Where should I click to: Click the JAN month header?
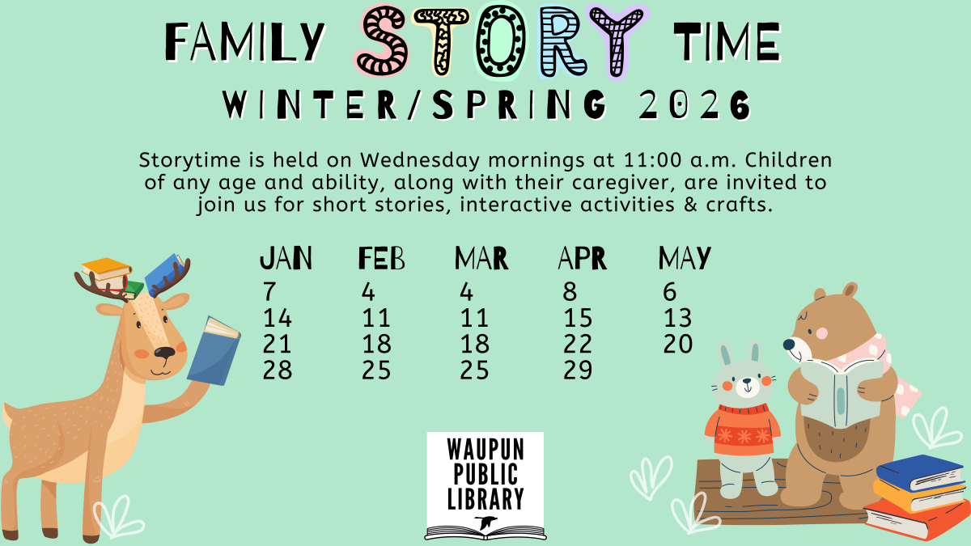click(x=286, y=259)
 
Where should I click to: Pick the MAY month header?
click(x=685, y=259)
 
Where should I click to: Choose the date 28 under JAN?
click(x=278, y=370)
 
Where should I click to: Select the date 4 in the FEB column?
click(x=369, y=291)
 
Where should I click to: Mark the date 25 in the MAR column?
click(x=474, y=370)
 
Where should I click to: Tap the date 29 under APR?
click(x=578, y=370)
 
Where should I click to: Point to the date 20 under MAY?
click(x=678, y=345)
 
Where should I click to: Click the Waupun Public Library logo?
click(x=485, y=485)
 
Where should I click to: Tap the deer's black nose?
click(x=165, y=353)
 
